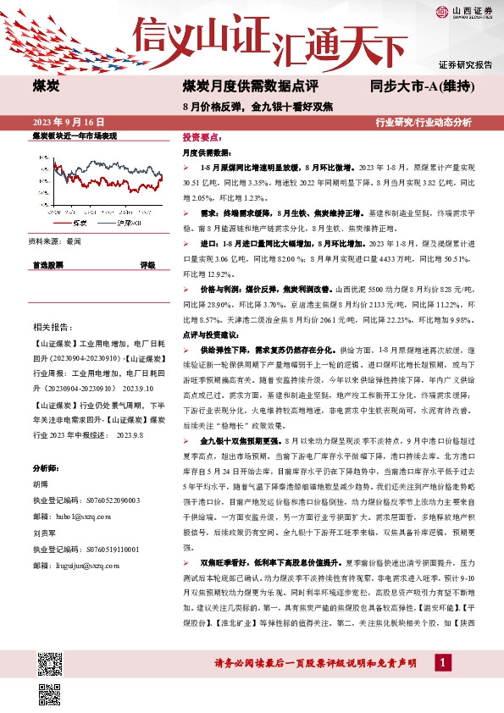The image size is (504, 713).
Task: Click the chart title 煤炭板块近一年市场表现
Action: [74, 136]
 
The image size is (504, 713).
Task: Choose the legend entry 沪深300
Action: [131, 224]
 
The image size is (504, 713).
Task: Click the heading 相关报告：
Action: [53, 327]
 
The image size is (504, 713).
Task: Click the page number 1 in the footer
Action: [442, 661]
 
